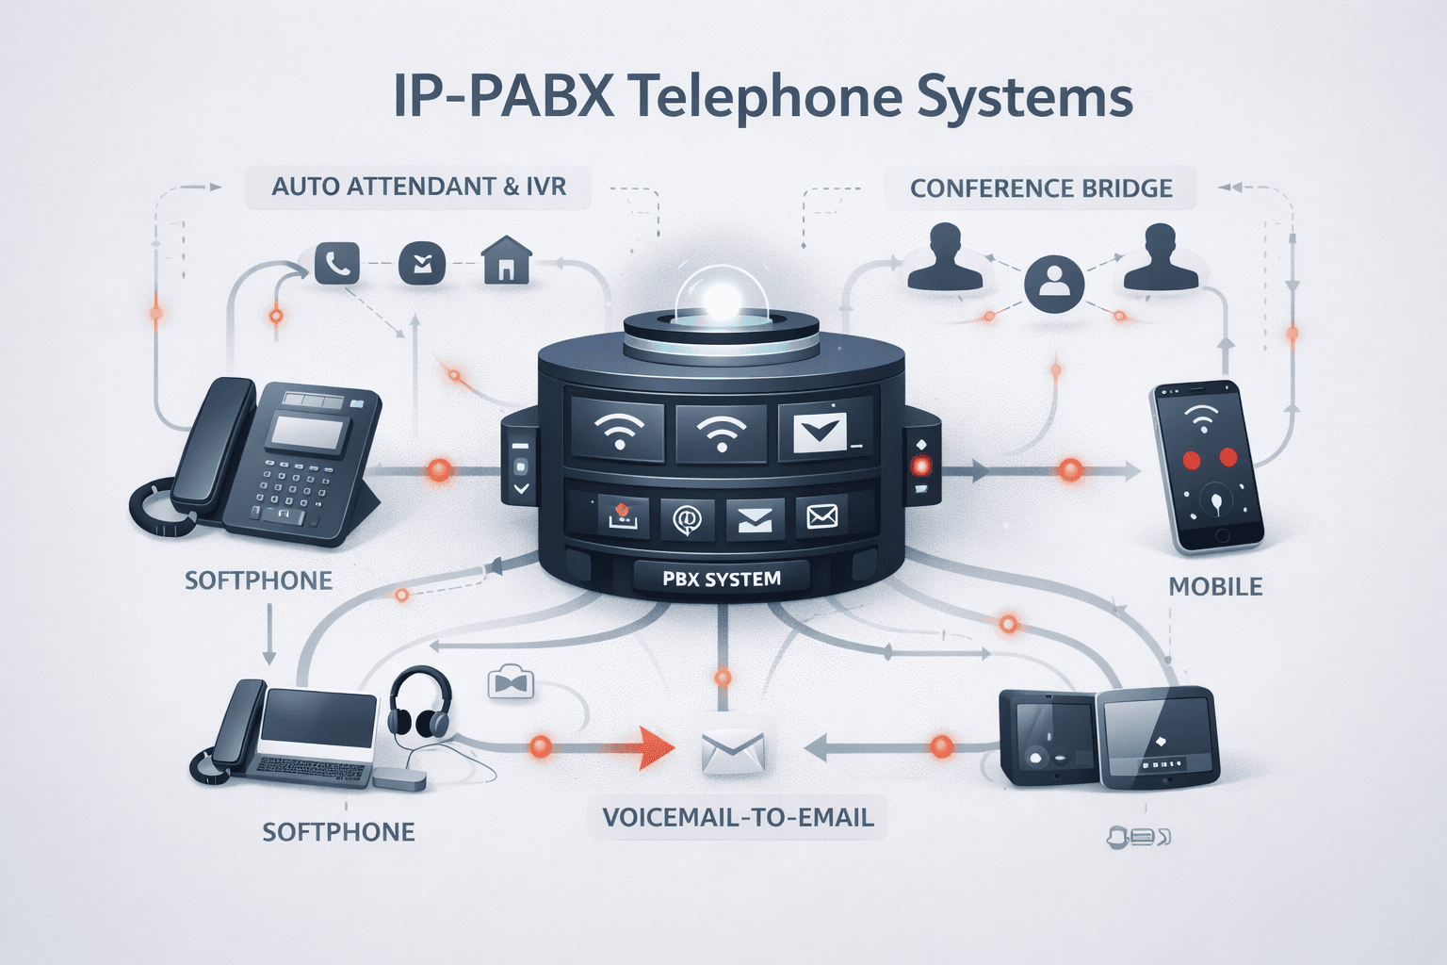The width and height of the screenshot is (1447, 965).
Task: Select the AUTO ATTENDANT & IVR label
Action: tap(419, 187)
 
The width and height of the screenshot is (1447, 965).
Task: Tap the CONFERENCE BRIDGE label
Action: tap(1041, 188)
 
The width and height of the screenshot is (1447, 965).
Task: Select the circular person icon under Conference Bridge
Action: tap(1053, 283)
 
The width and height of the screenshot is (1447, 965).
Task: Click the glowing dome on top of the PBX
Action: tap(722, 298)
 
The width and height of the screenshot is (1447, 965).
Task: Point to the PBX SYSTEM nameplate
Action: tap(722, 579)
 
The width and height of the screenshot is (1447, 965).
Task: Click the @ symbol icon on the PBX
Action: tap(687, 517)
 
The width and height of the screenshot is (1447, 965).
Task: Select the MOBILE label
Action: tap(1215, 587)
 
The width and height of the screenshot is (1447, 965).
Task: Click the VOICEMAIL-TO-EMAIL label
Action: tap(738, 817)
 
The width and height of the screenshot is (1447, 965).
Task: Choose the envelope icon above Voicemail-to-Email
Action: tap(733, 752)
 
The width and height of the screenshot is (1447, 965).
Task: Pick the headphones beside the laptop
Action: tap(420, 702)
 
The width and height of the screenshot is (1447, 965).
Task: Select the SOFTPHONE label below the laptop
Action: tap(338, 832)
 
